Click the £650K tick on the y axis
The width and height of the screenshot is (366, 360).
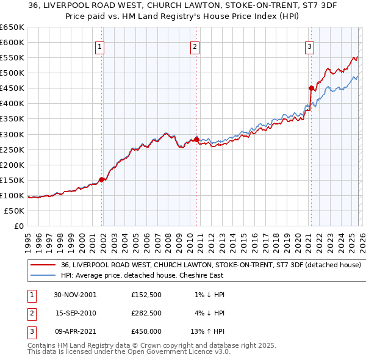click(12, 27)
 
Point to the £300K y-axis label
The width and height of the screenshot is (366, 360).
click(12, 134)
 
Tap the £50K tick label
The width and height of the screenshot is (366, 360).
click(14, 211)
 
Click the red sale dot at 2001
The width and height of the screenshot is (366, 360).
click(102, 179)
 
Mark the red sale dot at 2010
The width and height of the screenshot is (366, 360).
click(196, 139)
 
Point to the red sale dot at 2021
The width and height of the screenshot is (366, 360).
click(310, 88)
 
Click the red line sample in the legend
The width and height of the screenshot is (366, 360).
click(43, 265)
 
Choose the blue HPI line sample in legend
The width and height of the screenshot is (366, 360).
click(43, 275)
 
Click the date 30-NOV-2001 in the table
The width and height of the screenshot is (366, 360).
click(75, 295)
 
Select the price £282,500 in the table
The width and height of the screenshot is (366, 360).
click(146, 313)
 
